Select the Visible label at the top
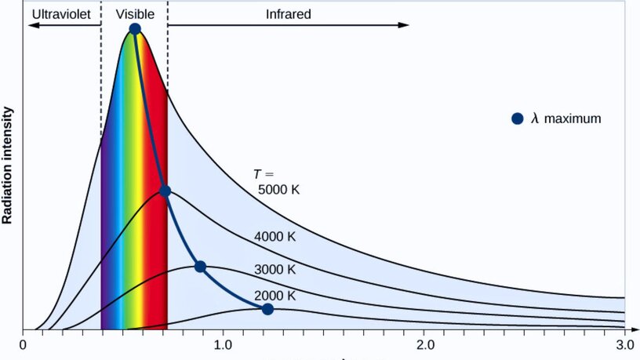(135, 14)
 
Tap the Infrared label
(288, 14)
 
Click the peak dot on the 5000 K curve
(135, 29)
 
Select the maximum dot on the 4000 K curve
(165, 191)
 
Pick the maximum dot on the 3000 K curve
(200, 267)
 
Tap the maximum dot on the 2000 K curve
(267, 309)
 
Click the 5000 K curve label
(279, 190)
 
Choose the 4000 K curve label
(275, 237)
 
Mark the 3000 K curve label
(275, 269)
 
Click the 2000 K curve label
(275, 296)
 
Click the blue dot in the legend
(517, 118)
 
